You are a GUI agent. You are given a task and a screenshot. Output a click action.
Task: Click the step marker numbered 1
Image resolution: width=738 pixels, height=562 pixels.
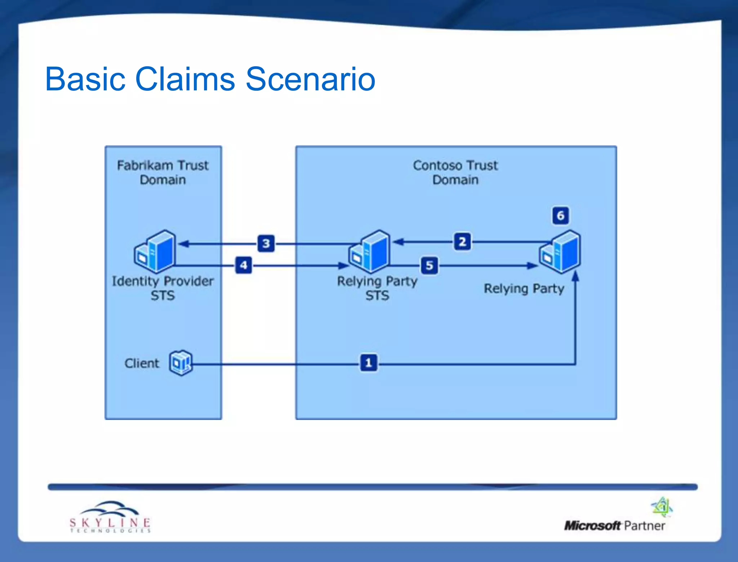tap(369, 362)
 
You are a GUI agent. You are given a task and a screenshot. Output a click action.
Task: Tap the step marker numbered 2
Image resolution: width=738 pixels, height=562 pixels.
tap(462, 242)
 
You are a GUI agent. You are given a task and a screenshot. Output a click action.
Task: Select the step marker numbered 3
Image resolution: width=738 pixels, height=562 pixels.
tap(266, 244)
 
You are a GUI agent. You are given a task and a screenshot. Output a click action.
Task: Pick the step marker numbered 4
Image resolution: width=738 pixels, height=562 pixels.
tap(244, 265)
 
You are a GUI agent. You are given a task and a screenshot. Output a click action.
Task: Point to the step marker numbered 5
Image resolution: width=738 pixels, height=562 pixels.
tap(430, 266)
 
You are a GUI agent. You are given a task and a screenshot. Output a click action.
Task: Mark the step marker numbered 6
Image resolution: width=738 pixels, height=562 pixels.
tap(560, 215)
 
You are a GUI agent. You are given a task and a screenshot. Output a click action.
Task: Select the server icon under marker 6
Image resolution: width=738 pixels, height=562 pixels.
tap(560, 252)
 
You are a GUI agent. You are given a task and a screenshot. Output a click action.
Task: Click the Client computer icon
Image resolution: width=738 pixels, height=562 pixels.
tap(181, 363)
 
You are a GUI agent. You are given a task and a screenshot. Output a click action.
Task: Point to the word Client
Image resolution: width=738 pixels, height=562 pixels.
tap(142, 363)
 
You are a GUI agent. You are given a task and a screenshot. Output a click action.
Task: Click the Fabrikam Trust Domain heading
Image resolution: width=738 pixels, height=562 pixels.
tap(163, 173)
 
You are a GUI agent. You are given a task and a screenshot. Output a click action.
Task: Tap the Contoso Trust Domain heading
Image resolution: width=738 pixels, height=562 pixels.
tap(455, 173)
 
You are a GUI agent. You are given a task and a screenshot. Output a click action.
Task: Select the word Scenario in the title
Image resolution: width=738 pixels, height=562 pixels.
tap(310, 79)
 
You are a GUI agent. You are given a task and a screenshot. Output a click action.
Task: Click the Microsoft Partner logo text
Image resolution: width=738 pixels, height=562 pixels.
tap(614, 526)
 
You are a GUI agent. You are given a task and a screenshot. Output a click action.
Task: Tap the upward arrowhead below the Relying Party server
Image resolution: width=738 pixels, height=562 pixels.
tap(575, 276)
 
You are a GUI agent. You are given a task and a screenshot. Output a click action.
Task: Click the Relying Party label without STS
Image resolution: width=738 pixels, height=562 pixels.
tap(524, 289)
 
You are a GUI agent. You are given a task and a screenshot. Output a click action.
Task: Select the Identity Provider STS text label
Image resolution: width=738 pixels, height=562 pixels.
tap(163, 288)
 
